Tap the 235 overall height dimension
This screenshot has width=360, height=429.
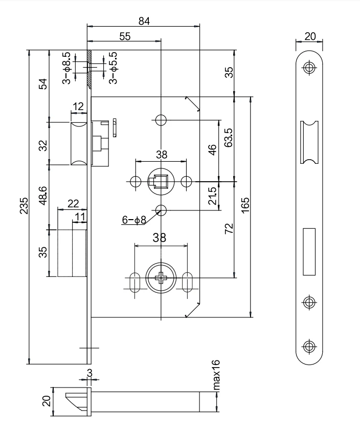(x=22, y=205)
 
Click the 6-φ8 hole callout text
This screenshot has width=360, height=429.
(x=133, y=220)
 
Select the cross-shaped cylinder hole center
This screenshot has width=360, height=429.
(x=160, y=278)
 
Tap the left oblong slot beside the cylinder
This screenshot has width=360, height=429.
(x=135, y=282)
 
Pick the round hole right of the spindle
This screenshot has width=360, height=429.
(x=187, y=181)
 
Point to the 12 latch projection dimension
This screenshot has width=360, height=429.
(x=78, y=106)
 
